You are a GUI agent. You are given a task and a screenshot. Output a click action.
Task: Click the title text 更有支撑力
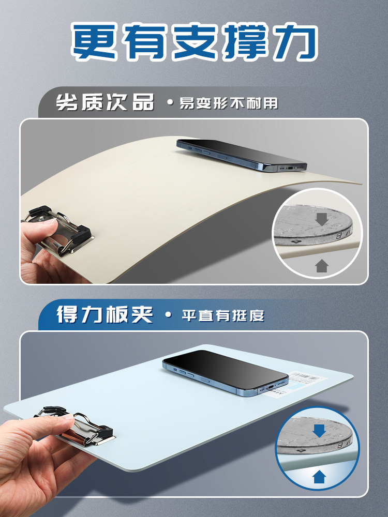pos(195,41)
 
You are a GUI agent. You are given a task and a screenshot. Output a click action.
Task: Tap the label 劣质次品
pos(105,102)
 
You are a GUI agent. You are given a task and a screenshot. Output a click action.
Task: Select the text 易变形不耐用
pos(229,103)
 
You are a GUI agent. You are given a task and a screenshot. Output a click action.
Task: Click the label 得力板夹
pos(105,314)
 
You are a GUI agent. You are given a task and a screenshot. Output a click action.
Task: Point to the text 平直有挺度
pos(223,315)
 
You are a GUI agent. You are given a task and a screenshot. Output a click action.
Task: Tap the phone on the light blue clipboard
pos(226,373)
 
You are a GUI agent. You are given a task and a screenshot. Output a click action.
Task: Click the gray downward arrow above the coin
pos(322,219)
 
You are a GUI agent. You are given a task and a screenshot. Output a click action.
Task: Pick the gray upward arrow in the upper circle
pos(322,265)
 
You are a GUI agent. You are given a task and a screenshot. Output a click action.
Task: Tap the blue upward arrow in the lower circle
pos(319,477)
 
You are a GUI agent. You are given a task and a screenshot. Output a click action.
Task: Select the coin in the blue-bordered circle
pos(315,436)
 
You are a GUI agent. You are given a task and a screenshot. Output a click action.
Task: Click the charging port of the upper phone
pos(290,168)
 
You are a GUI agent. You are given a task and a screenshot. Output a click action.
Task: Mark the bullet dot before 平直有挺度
pos(169,315)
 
